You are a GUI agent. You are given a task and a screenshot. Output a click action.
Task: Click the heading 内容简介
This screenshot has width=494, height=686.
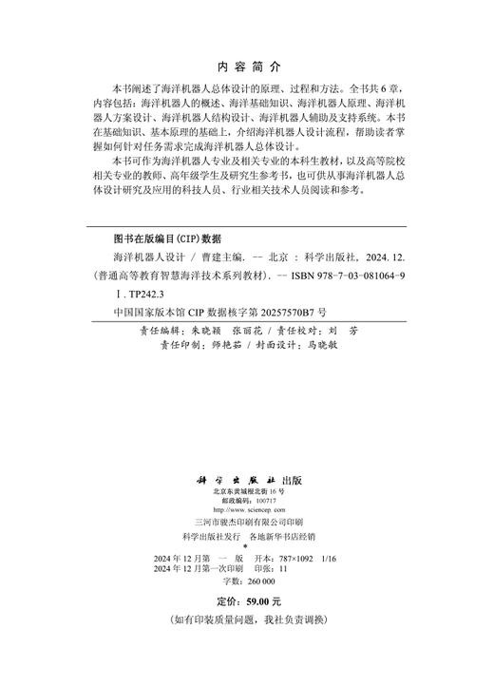(248, 67)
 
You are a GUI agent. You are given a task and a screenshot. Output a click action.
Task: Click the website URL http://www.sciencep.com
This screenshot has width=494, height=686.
(247, 509)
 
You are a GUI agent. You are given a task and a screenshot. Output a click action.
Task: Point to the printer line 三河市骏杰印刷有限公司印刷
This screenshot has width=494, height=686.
(247, 522)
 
